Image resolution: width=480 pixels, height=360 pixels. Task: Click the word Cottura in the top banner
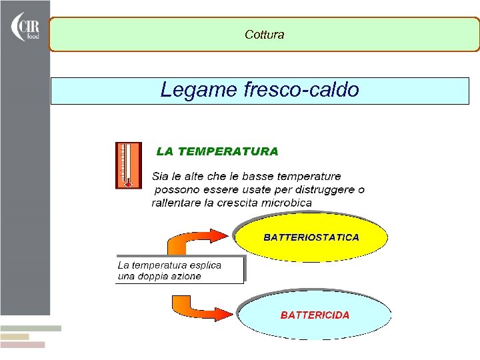(x=264, y=35)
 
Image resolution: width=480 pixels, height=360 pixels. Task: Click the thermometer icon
(x=129, y=165)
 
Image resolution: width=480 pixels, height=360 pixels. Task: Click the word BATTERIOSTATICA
(x=311, y=237)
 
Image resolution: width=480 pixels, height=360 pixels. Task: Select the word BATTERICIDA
(x=315, y=315)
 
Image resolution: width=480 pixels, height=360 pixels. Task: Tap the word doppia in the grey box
(x=153, y=276)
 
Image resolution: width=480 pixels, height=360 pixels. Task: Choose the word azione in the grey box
(x=186, y=276)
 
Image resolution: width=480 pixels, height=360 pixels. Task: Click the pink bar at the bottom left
(x=23, y=345)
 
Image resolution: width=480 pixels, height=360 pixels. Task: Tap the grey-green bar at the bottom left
(x=31, y=329)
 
